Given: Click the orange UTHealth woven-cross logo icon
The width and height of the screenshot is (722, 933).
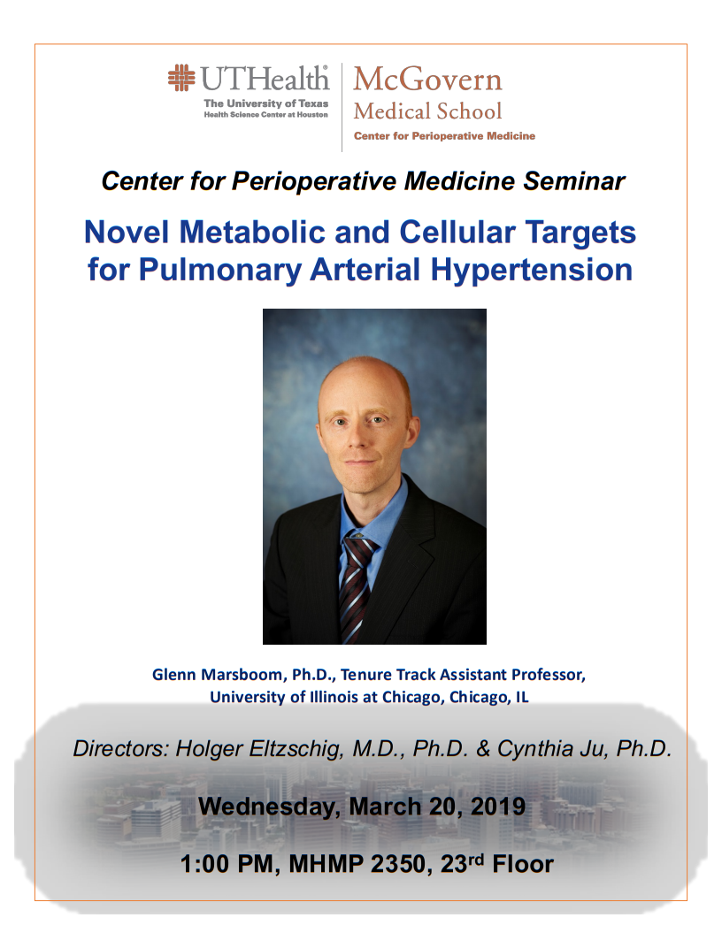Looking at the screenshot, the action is coord(181,77).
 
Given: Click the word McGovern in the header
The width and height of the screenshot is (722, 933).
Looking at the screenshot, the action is coord(427,79).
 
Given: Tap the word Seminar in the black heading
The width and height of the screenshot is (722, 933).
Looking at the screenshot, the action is coord(573,181).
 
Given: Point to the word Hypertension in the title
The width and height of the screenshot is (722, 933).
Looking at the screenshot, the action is coord(531,270).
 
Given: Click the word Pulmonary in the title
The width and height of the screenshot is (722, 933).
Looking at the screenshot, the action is coord(220,270).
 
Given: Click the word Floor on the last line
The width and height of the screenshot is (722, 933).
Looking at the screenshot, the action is coord(523,864).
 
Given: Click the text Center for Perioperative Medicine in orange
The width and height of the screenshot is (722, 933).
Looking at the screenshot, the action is coord(445,136).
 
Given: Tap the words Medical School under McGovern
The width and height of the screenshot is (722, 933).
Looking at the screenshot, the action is coord(427,111).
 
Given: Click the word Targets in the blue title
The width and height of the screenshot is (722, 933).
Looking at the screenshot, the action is coord(577,233).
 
